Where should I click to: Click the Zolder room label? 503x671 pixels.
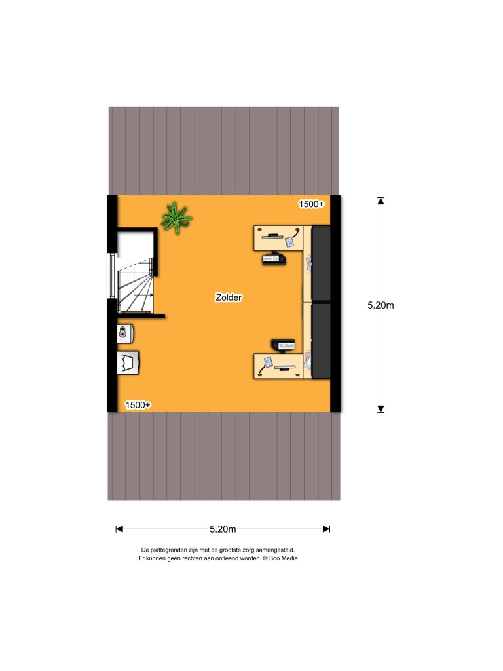pyautogui.click(x=229, y=297)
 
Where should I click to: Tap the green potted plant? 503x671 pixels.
pyautogui.click(x=176, y=218)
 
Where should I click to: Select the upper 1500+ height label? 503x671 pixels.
pyautogui.click(x=311, y=204)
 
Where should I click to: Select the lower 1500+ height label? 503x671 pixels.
pyautogui.click(x=138, y=405)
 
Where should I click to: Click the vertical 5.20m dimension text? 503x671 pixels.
pyautogui.click(x=381, y=305)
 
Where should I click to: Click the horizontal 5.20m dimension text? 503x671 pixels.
pyautogui.click(x=223, y=529)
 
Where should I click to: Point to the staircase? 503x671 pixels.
pyautogui.click(x=136, y=284)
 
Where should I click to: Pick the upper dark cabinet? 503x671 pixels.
pyautogui.click(x=321, y=264)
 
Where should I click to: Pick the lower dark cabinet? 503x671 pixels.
pyautogui.click(x=321, y=341)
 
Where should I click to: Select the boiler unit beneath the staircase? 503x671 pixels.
pyautogui.click(x=125, y=334)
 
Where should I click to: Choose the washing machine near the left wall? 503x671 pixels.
pyautogui.click(x=128, y=363)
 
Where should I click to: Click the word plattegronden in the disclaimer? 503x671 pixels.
pyautogui.click(x=169, y=550)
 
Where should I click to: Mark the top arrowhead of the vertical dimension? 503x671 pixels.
pyautogui.click(x=381, y=201)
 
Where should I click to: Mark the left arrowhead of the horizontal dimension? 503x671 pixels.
pyautogui.click(x=119, y=529)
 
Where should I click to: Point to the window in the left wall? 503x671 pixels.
pyautogui.click(x=112, y=276)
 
